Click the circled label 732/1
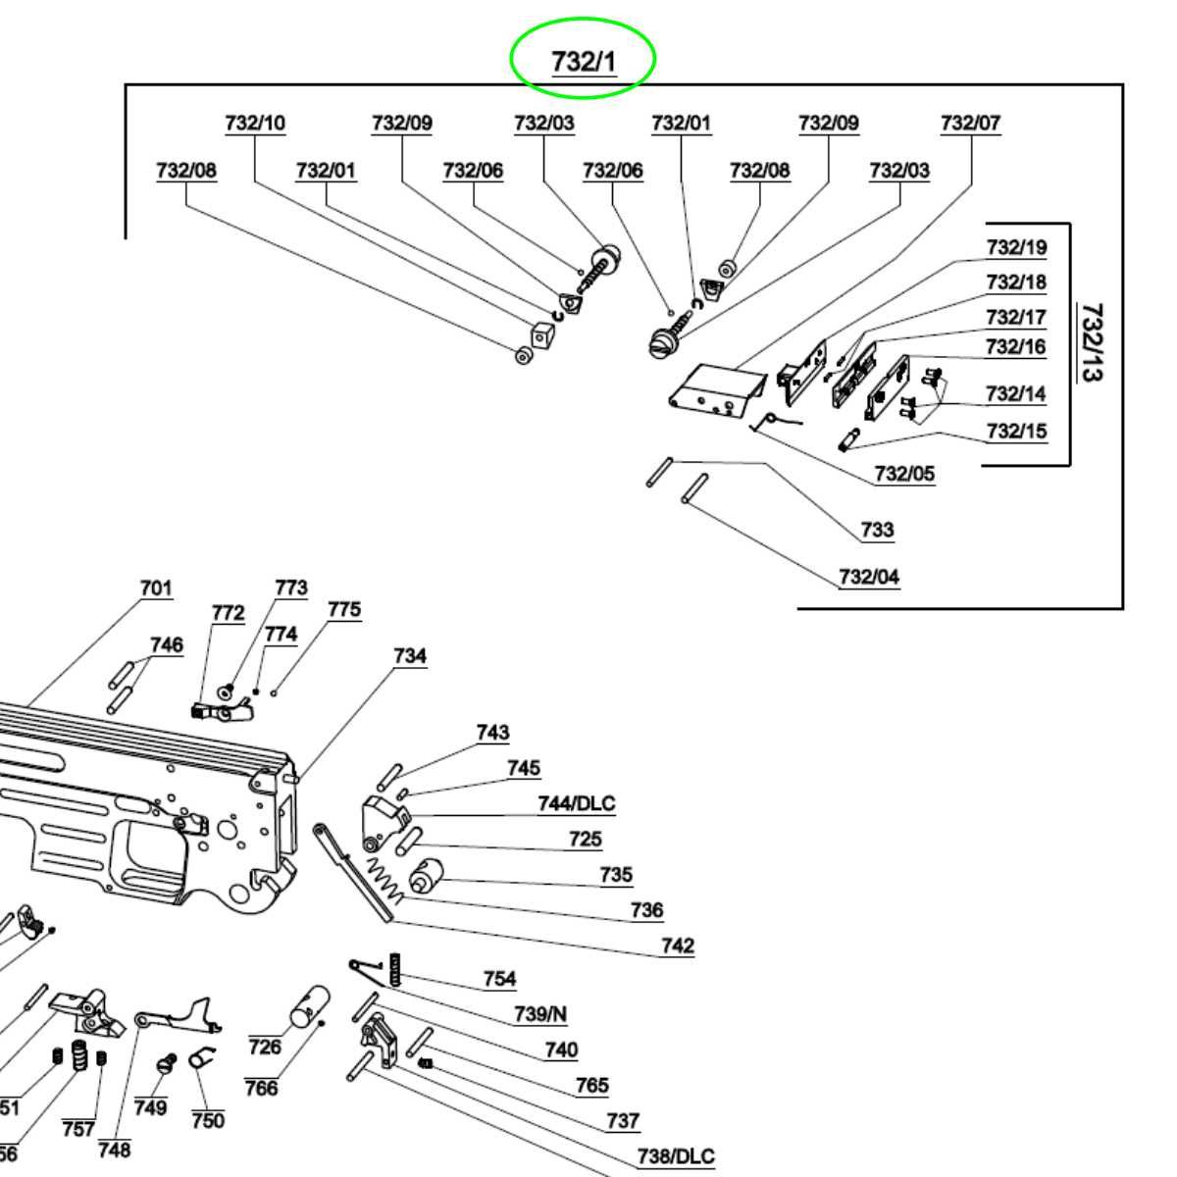click(583, 61)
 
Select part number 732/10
click(255, 124)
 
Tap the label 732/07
click(970, 124)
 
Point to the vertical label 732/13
click(1091, 342)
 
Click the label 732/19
click(1016, 247)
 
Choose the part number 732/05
click(904, 474)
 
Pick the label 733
click(877, 530)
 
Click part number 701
click(156, 588)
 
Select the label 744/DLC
click(576, 804)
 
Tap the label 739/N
click(540, 1014)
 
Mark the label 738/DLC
click(676, 1156)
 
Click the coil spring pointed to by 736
click(384, 880)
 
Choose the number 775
click(343, 610)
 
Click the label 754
click(499, 979)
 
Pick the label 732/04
click(869, 577)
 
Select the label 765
click(591, 1086)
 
